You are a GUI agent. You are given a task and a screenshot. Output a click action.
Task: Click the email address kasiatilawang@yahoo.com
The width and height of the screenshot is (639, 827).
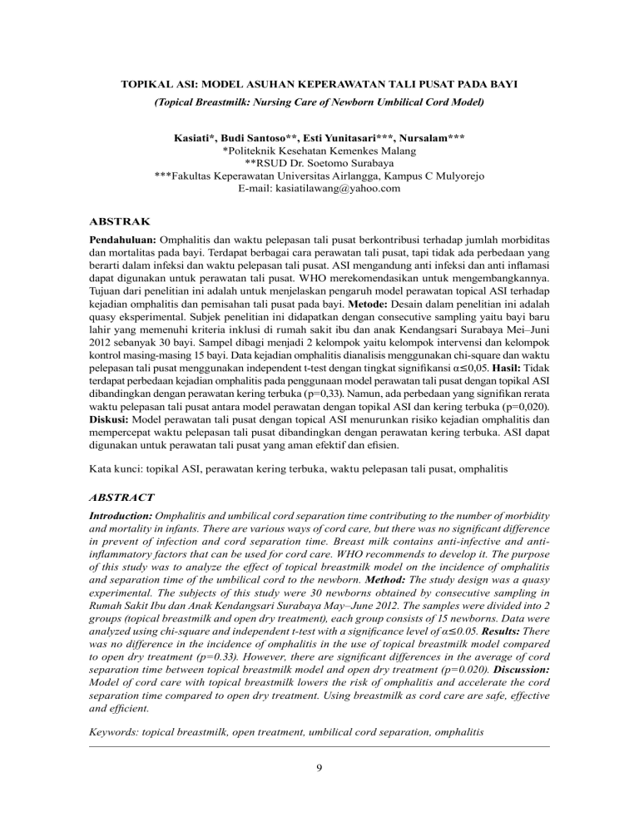tap(342, 189)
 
